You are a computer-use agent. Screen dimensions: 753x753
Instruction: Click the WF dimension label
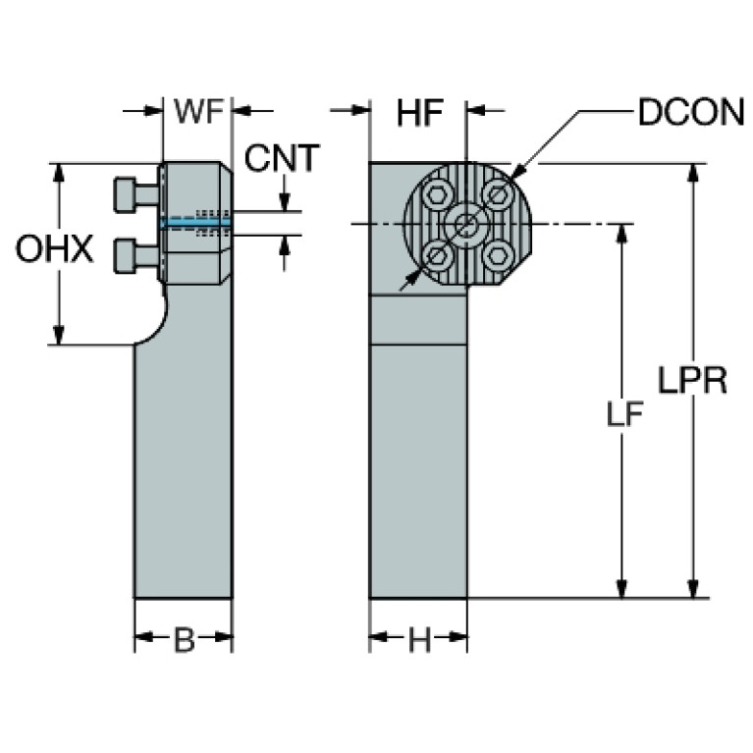(x=199, y=111)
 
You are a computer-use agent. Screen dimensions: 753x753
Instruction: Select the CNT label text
(x=282, y=157)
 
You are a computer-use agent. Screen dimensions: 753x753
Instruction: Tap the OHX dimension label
(x=55, y=248)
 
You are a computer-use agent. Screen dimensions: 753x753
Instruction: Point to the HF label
(x=420, y=113)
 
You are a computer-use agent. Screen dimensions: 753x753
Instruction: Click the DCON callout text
(x=691, y=112)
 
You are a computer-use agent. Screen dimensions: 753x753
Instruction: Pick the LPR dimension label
(x=692, y=380)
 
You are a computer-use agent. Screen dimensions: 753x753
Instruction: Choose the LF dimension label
(x=624, y=414)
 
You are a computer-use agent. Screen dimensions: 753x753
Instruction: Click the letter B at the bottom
(x=185, y=640)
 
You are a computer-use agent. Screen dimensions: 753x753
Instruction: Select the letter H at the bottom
(x=420, y=640)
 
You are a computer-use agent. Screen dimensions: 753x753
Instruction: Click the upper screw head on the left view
(x=125, y=194)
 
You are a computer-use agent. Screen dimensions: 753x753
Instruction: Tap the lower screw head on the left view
(x=125, y=256)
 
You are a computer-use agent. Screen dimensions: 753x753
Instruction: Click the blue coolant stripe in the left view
(x=196, y=223)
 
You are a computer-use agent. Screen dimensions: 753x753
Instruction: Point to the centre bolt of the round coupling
(x=465, y=224)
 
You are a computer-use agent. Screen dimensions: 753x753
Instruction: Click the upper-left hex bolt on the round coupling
(x=436, y=195)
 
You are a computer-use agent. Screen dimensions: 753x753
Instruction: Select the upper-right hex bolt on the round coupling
(x=497, y=193)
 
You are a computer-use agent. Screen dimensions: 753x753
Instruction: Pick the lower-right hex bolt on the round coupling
(x=497, y=255)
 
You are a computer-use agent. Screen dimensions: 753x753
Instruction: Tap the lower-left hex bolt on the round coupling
(x=436, y=253)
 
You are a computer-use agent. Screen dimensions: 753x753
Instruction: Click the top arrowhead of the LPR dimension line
(x=692, y=173)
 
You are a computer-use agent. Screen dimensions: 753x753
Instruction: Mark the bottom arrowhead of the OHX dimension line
(x=59, y=335)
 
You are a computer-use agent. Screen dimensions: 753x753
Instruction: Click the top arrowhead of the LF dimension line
(x=621, y=234)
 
